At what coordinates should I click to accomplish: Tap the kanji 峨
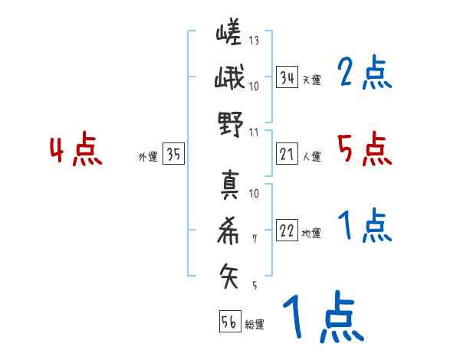tap(228, 79)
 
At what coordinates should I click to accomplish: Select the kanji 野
tap(228, 123)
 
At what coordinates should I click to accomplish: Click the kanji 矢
tap(228, 274)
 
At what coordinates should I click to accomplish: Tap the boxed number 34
tap(287, 77)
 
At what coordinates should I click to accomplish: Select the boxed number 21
tap(287, 155)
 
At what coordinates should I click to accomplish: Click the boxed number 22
tap(287, 231)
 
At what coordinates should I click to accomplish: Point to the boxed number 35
tap(173, 155)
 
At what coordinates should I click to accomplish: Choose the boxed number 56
tap(229, 322)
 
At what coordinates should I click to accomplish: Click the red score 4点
tap(75, 151)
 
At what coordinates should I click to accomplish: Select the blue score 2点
tap(365, 74)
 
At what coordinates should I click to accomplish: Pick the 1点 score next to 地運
tap(365, 227)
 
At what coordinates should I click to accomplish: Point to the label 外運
tap(147, 157)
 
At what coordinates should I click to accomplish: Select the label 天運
tap(311, 80)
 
